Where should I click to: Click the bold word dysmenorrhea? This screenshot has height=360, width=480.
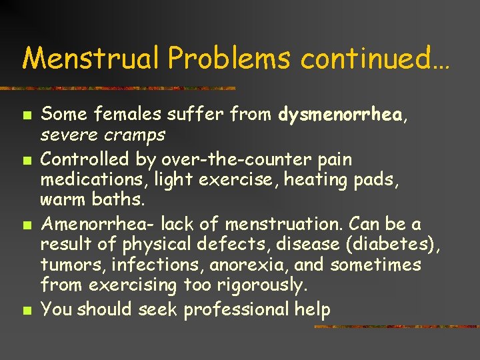pyautogui.click(x=340, y=115)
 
